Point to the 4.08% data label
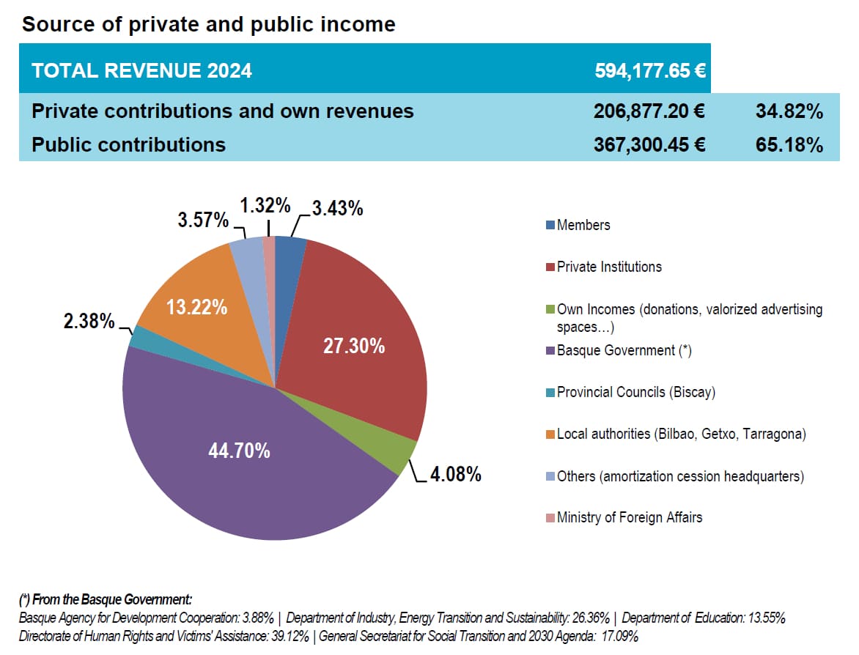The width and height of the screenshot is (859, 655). (455, 474)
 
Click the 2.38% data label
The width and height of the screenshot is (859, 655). (89, 321)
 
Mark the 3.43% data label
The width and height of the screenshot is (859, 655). (337, 208)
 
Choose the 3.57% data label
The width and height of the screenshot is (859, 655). (203, 219)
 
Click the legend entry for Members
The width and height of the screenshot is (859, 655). (583, 225)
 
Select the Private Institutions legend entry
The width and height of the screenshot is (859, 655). (608, 267)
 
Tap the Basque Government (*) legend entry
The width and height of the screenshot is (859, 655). (624, 350)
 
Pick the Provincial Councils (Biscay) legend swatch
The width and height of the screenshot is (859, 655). (550, 393)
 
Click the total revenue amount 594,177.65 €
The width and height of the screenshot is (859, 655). (649, 70)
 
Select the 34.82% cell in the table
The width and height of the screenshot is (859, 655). (789, 111)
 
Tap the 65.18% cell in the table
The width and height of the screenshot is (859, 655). (789, 144)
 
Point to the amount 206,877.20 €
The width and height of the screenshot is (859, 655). (649, 111)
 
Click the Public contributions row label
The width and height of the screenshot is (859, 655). (128, 144)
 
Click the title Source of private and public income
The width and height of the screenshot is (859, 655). (208, 24)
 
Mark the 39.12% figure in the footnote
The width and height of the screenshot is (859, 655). (292, 635)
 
